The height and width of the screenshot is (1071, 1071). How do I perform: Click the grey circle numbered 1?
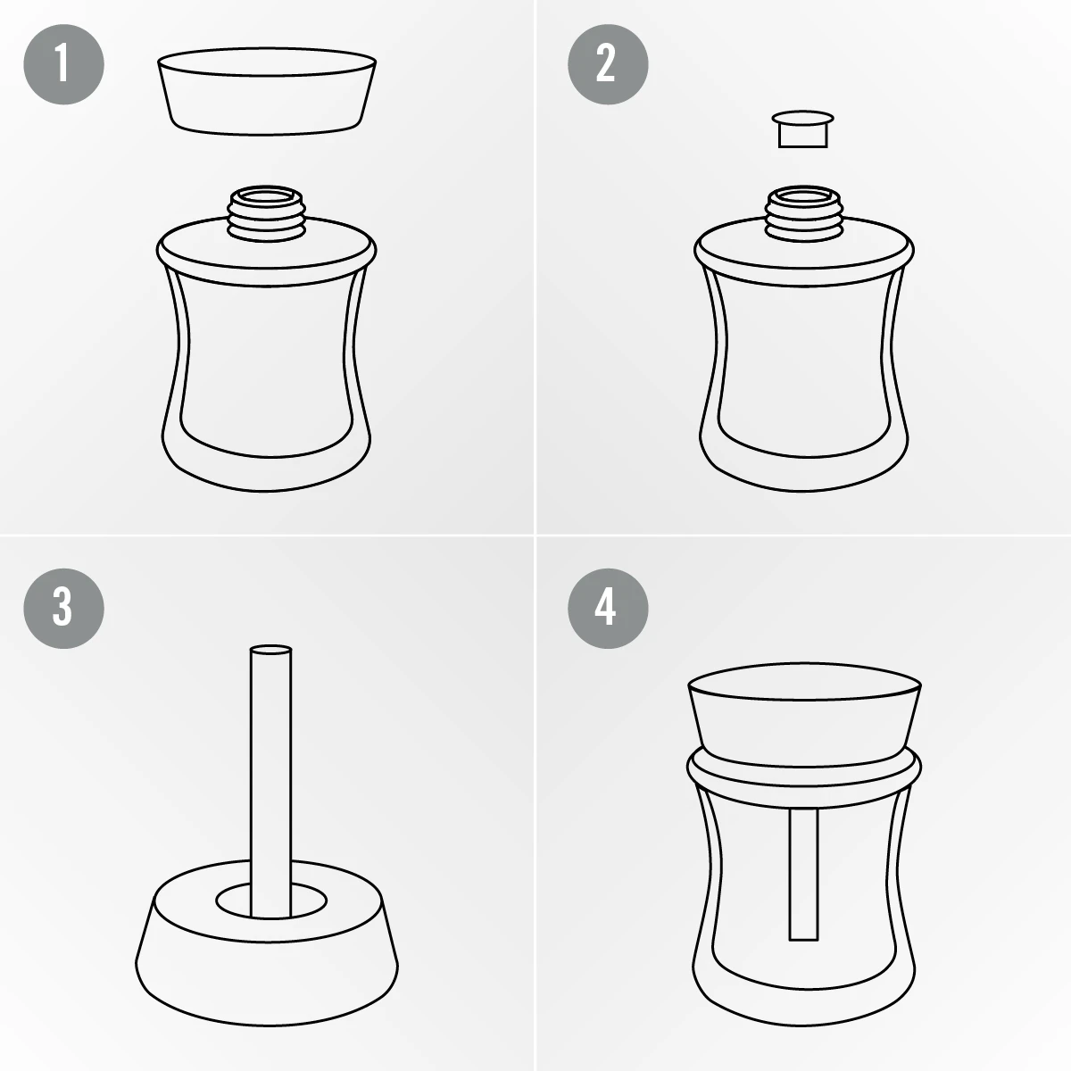tap(63, 64)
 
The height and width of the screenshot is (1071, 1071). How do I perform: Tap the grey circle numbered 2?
tap(608, 64)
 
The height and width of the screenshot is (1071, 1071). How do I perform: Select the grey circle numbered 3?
tap(63, 608)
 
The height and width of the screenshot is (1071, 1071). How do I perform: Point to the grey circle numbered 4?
tap(608, 608)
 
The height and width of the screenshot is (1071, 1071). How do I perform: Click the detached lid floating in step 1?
tap(267, 92)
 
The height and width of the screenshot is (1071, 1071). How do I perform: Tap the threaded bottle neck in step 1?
tap(267, 214)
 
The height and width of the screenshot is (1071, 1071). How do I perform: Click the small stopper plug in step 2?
tap(802, 129)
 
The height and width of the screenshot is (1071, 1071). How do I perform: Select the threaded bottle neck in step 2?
tap(803, 214)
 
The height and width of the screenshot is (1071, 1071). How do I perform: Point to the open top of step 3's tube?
tap(270, 650)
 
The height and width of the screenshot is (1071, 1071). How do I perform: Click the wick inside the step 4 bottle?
tap(803, 875)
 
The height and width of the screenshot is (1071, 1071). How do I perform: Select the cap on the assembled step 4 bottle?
tap(804, 714)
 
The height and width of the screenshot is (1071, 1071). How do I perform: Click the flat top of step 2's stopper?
tap(802, 117)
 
